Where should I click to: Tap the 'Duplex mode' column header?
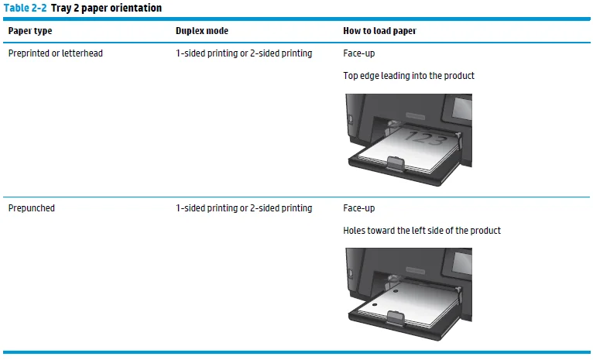(x=201, y=31)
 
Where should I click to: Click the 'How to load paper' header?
(x=379, y=31)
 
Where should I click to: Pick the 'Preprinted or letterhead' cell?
(x=55, y=53)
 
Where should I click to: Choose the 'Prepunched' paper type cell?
(x=31, y=208)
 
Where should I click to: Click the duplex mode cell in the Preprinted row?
(x=244, y=53)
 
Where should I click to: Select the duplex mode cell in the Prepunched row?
(x=244, y=208)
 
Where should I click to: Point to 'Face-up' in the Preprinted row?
(x=358, y=53)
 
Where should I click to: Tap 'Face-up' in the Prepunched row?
(x=358, y=208)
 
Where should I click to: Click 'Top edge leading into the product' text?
(x=408, y=76)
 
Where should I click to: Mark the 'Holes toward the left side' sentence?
(x=422, y=231)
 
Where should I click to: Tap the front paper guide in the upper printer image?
(x=394, y=163)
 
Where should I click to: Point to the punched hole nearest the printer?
(x=396, y=293)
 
